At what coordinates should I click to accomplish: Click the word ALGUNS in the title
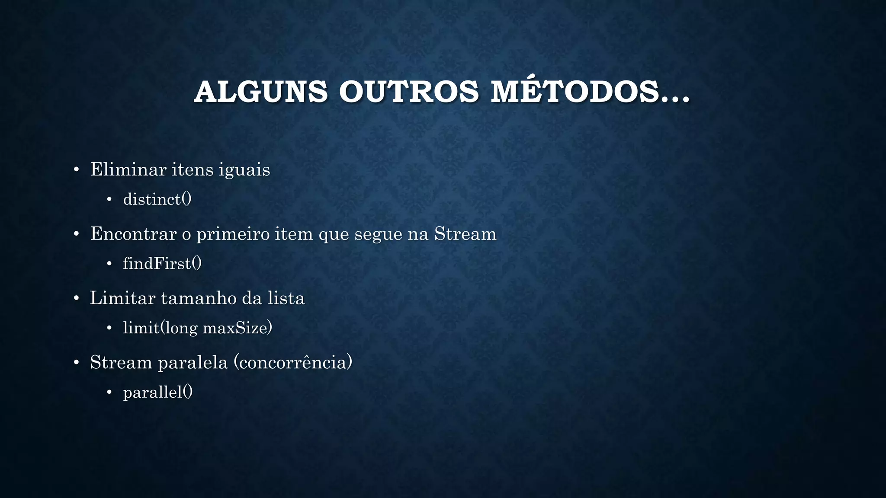click(x=261, y=92)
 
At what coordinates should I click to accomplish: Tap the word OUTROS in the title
click(x=408, y=92)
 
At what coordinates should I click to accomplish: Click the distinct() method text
click(x=157, y=199)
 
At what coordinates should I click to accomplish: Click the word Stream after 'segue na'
click(x=465, y=234)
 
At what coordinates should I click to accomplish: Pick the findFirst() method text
click(x=162, y=263)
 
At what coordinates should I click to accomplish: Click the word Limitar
click(x=122, y=298)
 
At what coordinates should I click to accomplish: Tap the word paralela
click(x=193, y=362)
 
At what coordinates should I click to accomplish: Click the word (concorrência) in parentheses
click(x=293, y=362)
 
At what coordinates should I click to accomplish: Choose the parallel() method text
click(x=158, y=392)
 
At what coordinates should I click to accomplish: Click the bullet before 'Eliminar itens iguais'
click(x=76, y=170)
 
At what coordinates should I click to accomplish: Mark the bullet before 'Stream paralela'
click(x=76, y=363)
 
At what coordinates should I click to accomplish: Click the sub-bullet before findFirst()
click(x=109, y=264)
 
